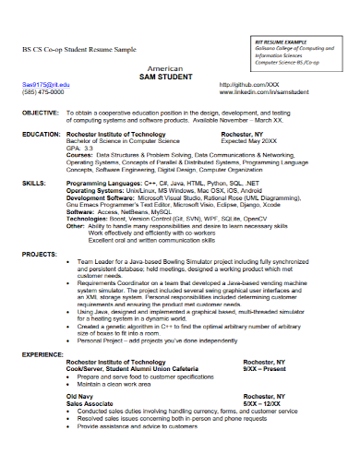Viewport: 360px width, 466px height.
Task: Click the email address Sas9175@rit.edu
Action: click(43, 85)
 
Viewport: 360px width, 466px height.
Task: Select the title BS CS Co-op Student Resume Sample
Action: click(82, 48)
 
